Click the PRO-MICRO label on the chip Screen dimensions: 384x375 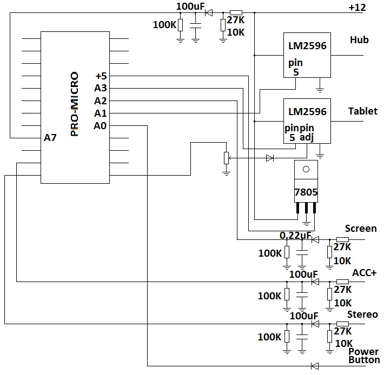(x=75, y=104)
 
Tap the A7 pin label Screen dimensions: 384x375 (x=50, y=138)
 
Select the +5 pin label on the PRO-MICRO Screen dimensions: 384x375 (x=101, y=76)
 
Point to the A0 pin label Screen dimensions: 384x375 (x=100, y=126)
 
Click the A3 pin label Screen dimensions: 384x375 (x=101, y=88)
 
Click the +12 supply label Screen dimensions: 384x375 (x=357, y=8)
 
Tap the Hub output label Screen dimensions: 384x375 (x=359, y=40)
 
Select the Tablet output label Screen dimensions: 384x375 (x=363, y=111)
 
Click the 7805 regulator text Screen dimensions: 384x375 (x=306, y=192)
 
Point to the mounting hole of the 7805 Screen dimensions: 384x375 (x=306, y=169)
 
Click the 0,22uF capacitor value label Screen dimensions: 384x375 (x=296, y=236)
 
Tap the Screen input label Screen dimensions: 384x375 (x=361, y=228)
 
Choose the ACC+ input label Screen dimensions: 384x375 (x=364, y=272)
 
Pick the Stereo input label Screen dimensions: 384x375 (x=362, y=314)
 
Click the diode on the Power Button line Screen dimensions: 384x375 (x=315, y=366)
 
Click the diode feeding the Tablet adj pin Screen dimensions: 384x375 (x=270, y=158)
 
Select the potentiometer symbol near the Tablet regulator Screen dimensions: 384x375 (x=226, y=158)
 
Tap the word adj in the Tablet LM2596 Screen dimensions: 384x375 (x=307, y=137)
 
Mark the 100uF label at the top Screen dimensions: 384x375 (x=190, y=6)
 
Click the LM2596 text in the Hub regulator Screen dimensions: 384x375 (x=307, y=46)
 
